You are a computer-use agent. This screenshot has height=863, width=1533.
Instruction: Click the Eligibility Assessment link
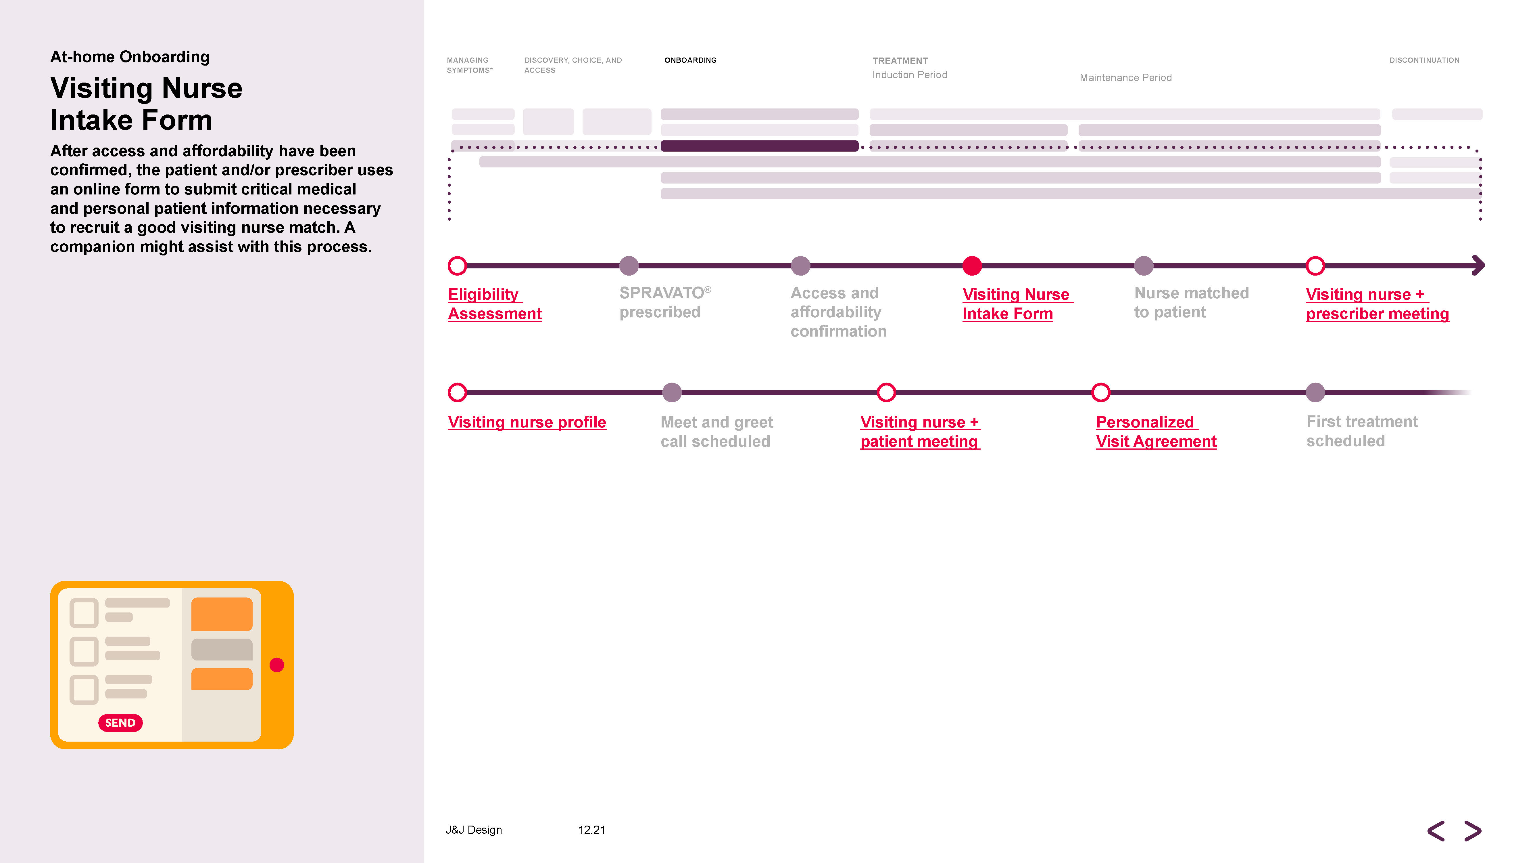click(495, 304)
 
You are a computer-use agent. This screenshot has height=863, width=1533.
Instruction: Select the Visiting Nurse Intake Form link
click(1017, 304)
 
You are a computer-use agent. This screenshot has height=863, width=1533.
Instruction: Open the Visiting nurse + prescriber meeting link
click(1376, 304)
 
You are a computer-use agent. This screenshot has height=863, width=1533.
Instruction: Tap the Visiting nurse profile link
click(527, 422)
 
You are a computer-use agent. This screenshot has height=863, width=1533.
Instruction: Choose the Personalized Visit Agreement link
click(1156, 432)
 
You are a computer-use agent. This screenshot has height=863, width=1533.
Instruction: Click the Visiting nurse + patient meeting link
click(919, 432)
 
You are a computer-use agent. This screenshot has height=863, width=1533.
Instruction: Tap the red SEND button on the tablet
click(120, 722)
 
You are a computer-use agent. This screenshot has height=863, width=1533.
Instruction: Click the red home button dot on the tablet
click(277, 665)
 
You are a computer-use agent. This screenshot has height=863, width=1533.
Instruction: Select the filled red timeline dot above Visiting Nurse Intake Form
click(972, 266)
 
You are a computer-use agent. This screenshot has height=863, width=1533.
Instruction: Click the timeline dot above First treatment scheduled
click(1315, 392)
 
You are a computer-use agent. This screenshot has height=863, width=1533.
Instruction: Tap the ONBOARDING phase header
click(690, 60)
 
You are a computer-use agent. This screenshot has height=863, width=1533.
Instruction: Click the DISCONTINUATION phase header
click(1424, 60)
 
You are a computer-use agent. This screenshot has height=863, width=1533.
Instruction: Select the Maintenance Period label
click(1125, 77)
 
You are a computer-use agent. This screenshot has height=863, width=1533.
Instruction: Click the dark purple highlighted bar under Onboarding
click(759, 146)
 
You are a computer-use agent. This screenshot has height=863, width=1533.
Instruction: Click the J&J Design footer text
click(474, 830)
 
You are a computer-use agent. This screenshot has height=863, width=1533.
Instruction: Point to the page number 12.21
click(591, 830)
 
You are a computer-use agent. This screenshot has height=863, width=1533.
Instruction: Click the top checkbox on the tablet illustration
click(84, 613)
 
